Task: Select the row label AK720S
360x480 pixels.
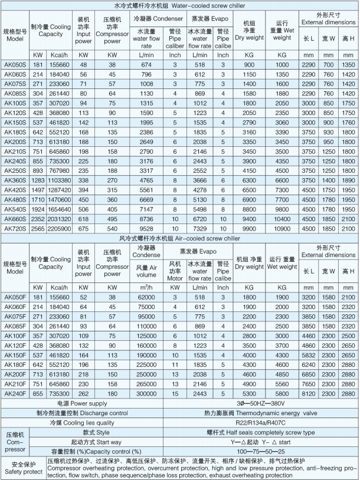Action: (x=14, y=228)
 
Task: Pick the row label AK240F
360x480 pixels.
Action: (x=14, y=393)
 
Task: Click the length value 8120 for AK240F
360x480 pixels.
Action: (x=309, y=393)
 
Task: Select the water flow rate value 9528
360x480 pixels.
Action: (x=143, y=228)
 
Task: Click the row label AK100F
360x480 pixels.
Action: (x=14, y=335)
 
